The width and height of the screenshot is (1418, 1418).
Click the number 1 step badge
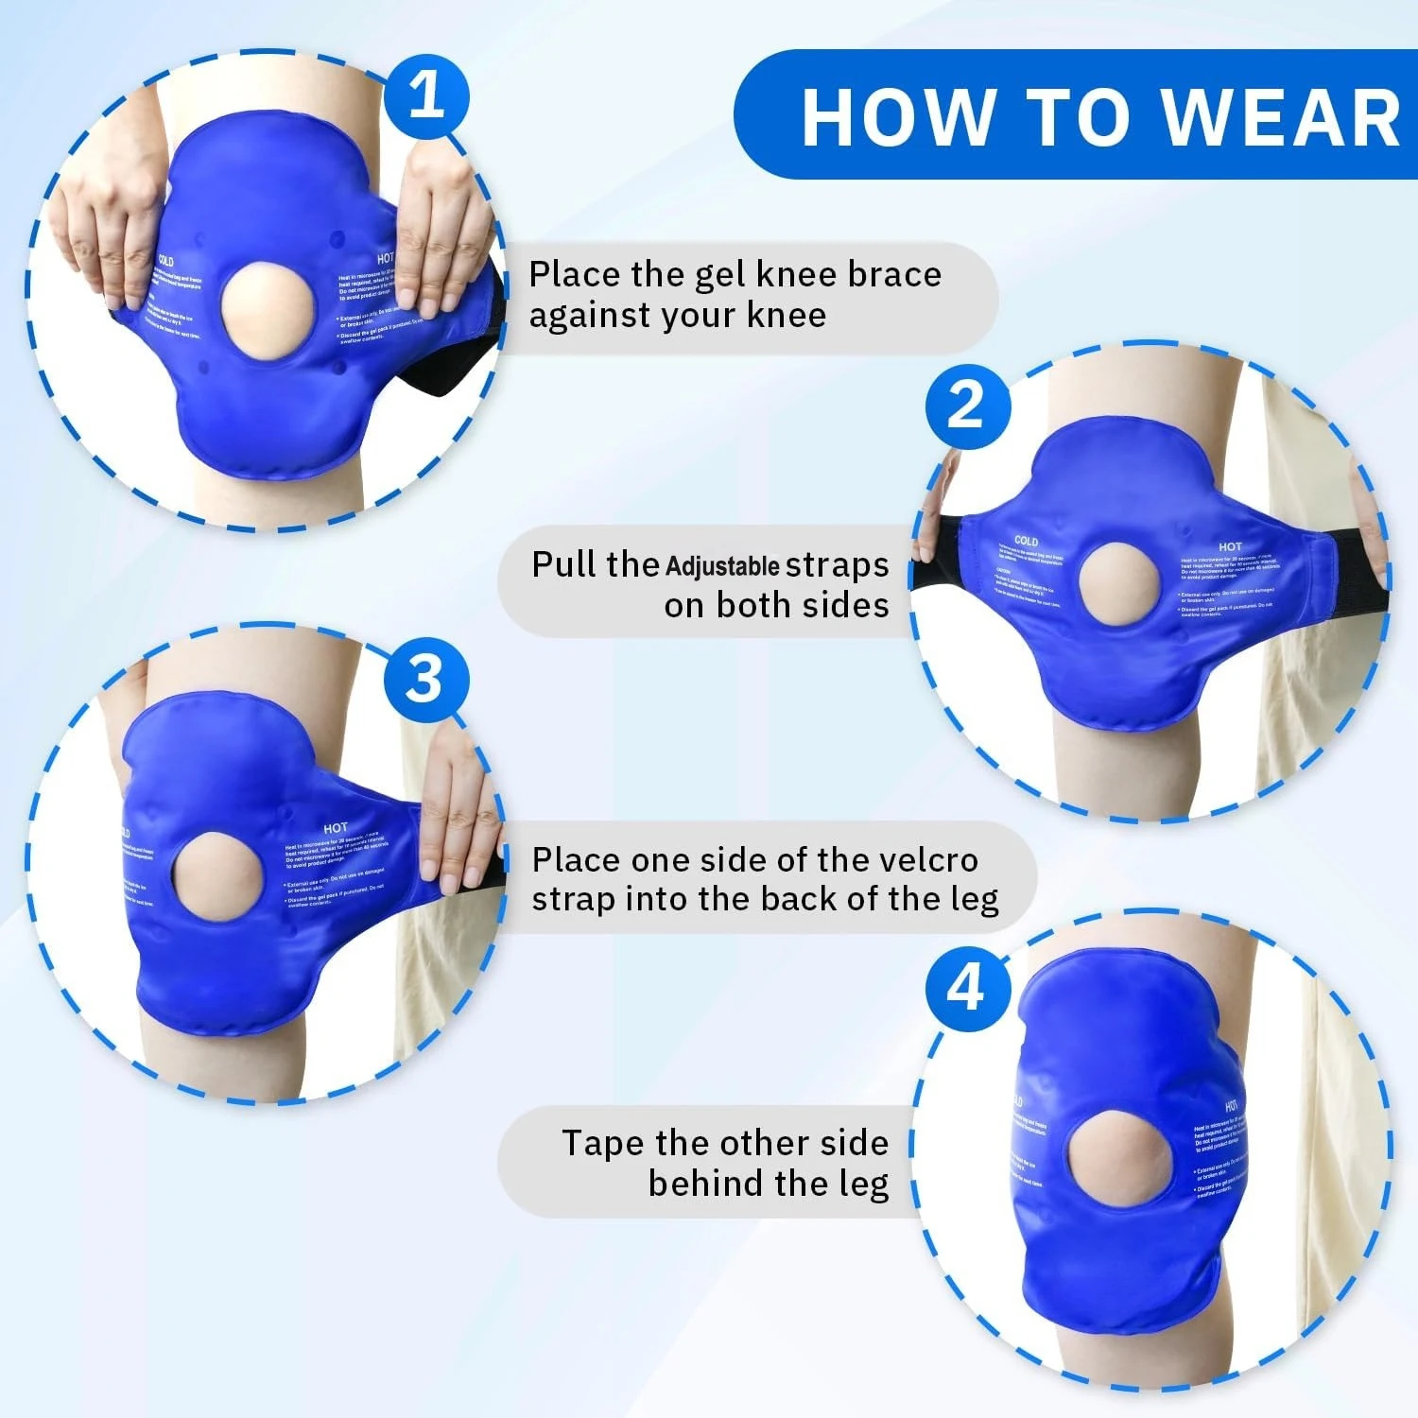(x=426, y=95)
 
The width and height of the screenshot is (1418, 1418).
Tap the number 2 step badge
(x=966, y=406)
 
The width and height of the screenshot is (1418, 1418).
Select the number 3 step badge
(x=425, y=679)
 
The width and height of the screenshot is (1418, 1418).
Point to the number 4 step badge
(x=966, y=989)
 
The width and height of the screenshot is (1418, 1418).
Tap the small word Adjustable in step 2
(x=722, y=567)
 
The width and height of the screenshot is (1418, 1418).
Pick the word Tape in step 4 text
(x=603, y=1143)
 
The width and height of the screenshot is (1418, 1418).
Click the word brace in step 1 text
(x=894, y=274)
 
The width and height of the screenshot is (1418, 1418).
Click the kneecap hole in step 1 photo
(x=266, y=310)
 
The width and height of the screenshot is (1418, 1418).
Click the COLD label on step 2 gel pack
(x=1026, y=541)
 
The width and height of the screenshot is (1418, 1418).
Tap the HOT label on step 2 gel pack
(x=1230, y=546)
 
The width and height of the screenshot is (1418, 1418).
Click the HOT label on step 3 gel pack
(x=336, y=828)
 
